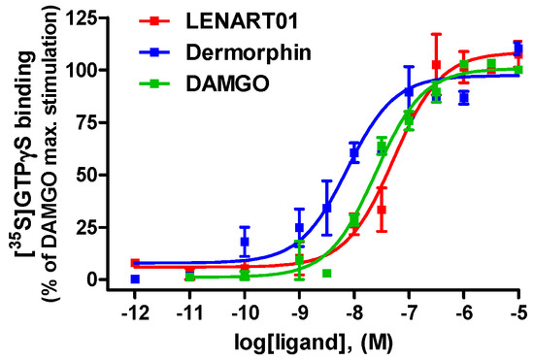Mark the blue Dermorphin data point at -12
pyautogui.click(x=135, y=278)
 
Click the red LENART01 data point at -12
pyautogui.click(x=135, y=263)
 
